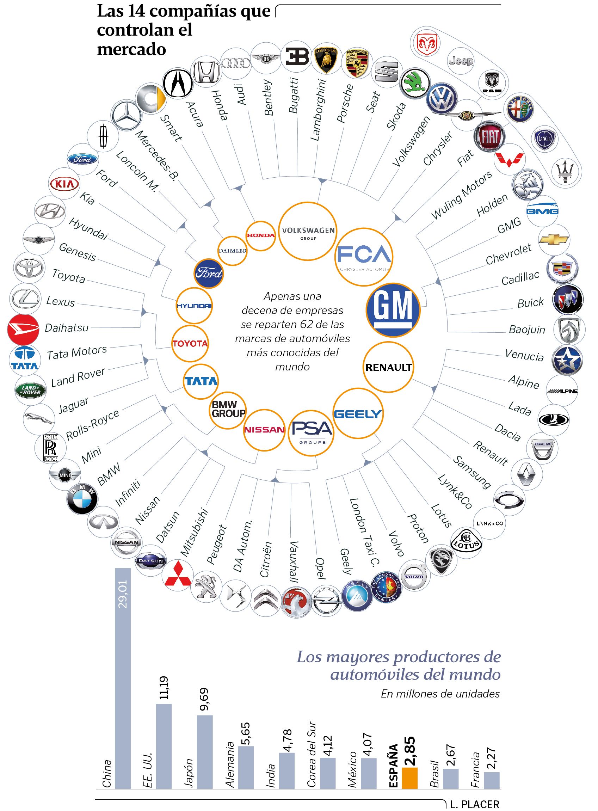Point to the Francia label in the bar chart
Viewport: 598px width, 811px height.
tap(475, 770)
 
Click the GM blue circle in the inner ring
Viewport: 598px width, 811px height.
tap(393, 310)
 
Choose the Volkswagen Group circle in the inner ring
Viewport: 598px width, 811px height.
tap(308, 231)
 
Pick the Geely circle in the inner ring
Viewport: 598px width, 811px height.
tap(358, 413)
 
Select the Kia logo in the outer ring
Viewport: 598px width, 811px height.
tap(64, 184)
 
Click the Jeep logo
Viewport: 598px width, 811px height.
tap(461, 61)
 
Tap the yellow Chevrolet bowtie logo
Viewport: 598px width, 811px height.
tap(554, 239)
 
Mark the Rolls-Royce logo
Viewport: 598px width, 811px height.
tap(50, 448)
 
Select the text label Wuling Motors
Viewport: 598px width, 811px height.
tap(462, 195)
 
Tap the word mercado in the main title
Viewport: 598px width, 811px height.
tap(131, 49)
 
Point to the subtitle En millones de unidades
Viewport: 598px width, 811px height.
tap(440, 693)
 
